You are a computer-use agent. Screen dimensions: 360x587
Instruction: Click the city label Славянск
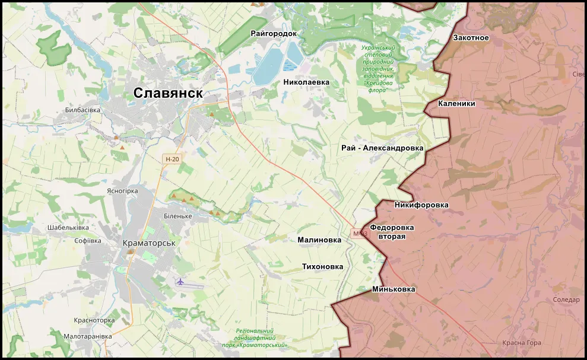[x=168, y=93]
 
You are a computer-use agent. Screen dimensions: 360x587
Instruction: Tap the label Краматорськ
[x=149, y=243]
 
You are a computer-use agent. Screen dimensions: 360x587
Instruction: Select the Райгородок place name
[x=273, y=34]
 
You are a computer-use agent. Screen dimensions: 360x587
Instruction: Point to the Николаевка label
[x=306, y=82]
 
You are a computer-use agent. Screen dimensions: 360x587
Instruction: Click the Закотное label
[x=471, y=38]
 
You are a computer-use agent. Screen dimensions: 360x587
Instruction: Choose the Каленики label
[x=456, y=103]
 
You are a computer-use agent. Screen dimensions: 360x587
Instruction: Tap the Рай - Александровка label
[x=382, y=148]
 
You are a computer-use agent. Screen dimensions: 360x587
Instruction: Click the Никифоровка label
[x=421, y=205]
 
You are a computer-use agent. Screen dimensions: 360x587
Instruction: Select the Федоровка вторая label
[x=392, y=232]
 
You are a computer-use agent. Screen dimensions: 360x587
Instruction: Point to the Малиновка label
[x=319, y=240]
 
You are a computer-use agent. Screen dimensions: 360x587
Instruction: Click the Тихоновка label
[x=322, y=267]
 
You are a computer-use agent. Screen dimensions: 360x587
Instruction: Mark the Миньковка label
[x=394, y=289]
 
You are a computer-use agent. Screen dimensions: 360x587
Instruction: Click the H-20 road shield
[x=172, y=159]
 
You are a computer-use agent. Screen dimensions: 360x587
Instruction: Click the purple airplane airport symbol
[x=180, y=281]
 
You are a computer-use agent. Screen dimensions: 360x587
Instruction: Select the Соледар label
[x=566, y=300]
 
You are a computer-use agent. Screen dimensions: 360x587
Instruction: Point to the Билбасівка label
[x=83, y=110]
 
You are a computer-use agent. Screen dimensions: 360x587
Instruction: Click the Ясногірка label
[x=122, y=191]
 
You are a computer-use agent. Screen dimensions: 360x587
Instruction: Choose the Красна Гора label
[x=521, y=343]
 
